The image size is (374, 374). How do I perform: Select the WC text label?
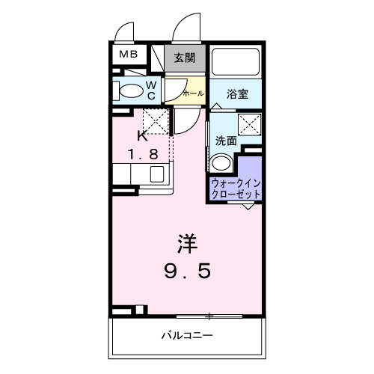click(150, 91)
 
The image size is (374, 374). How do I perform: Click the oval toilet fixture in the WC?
click(131, 91)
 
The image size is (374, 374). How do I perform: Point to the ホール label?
click(192, 93)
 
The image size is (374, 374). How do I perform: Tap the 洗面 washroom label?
click(226, 140)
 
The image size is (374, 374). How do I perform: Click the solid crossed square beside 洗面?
click(248, 124)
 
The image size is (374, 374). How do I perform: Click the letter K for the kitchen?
click(141, 136)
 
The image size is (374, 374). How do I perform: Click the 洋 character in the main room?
click(188, 245)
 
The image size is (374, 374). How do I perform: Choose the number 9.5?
click(188, 270)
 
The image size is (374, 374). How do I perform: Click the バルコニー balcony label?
click(188, 334)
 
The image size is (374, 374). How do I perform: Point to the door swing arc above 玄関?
click(185, 28)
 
